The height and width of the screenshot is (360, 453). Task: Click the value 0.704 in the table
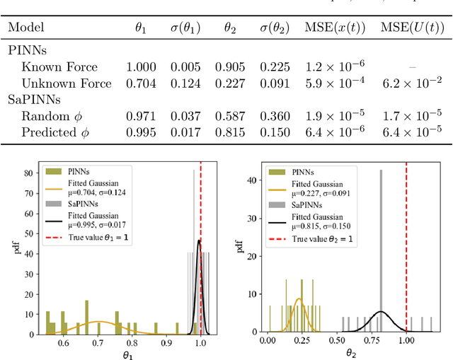tap(140, 83)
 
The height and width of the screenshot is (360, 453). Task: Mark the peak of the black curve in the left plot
tap(198, 240)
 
